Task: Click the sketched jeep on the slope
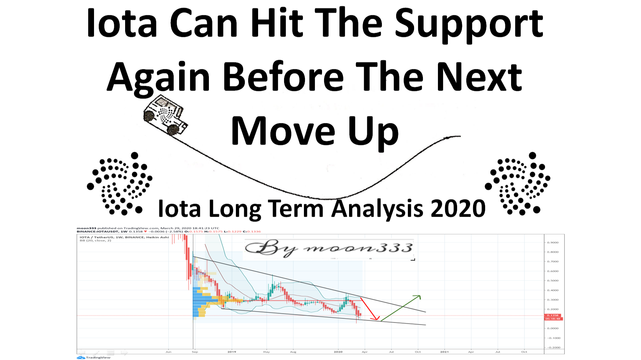165,115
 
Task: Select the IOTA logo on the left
119,184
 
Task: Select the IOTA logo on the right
518,184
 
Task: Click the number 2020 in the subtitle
458,208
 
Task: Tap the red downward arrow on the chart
370,309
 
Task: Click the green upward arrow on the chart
401,308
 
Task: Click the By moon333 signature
329,249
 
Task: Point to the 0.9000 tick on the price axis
552,242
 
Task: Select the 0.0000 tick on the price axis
552,328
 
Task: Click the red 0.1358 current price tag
552,315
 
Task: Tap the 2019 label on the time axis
232,352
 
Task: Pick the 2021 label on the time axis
444,352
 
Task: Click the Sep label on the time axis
195,352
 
